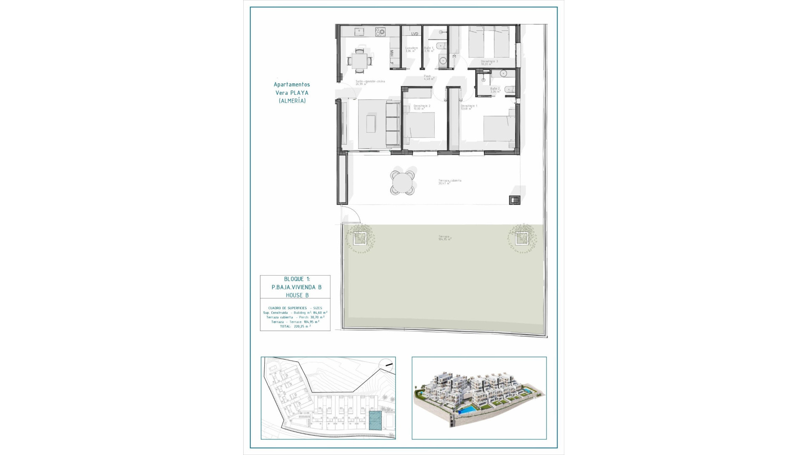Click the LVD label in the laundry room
[x=415, y=34]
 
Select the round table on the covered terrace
[x=402, y=183]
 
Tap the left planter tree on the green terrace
[x=359, y=239]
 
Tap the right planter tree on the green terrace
[x=522, y=239]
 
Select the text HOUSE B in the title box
[x=297, y=295]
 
